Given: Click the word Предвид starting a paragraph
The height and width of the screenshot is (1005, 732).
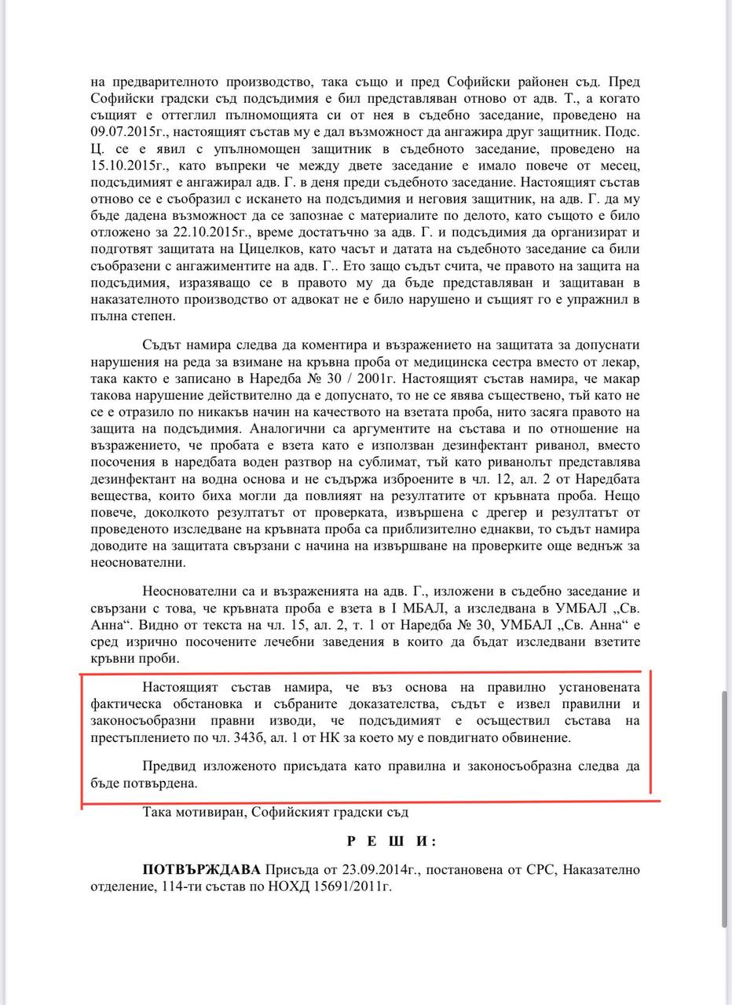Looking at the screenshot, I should [x=170, y=767].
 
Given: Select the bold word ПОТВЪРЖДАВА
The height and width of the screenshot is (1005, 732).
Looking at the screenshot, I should [x=202, y=870].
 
